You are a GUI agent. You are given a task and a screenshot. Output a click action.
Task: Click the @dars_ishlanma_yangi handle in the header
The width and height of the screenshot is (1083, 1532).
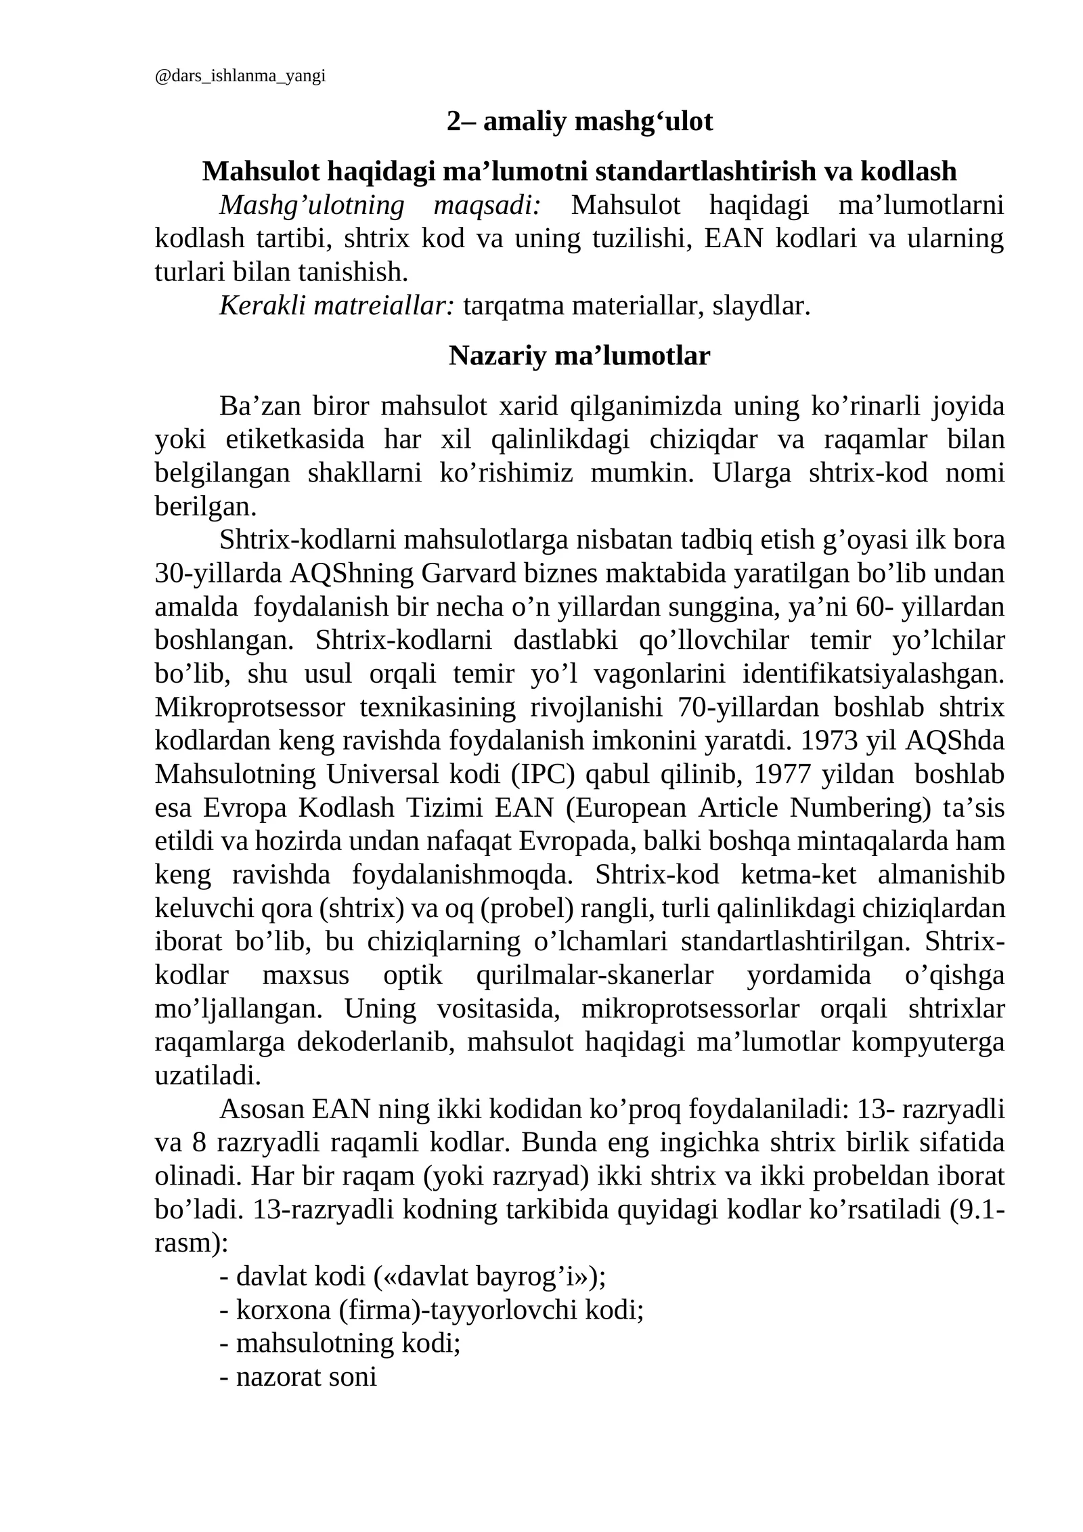(x=240, y=76)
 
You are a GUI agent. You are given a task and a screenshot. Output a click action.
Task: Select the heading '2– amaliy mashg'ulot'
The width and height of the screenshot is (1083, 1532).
(x=579, y=122)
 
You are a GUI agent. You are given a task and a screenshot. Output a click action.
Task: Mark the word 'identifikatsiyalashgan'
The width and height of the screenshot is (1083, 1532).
(x=873, y=674)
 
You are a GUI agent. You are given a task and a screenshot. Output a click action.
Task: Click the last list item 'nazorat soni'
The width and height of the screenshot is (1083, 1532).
(x=305, y=1377)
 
